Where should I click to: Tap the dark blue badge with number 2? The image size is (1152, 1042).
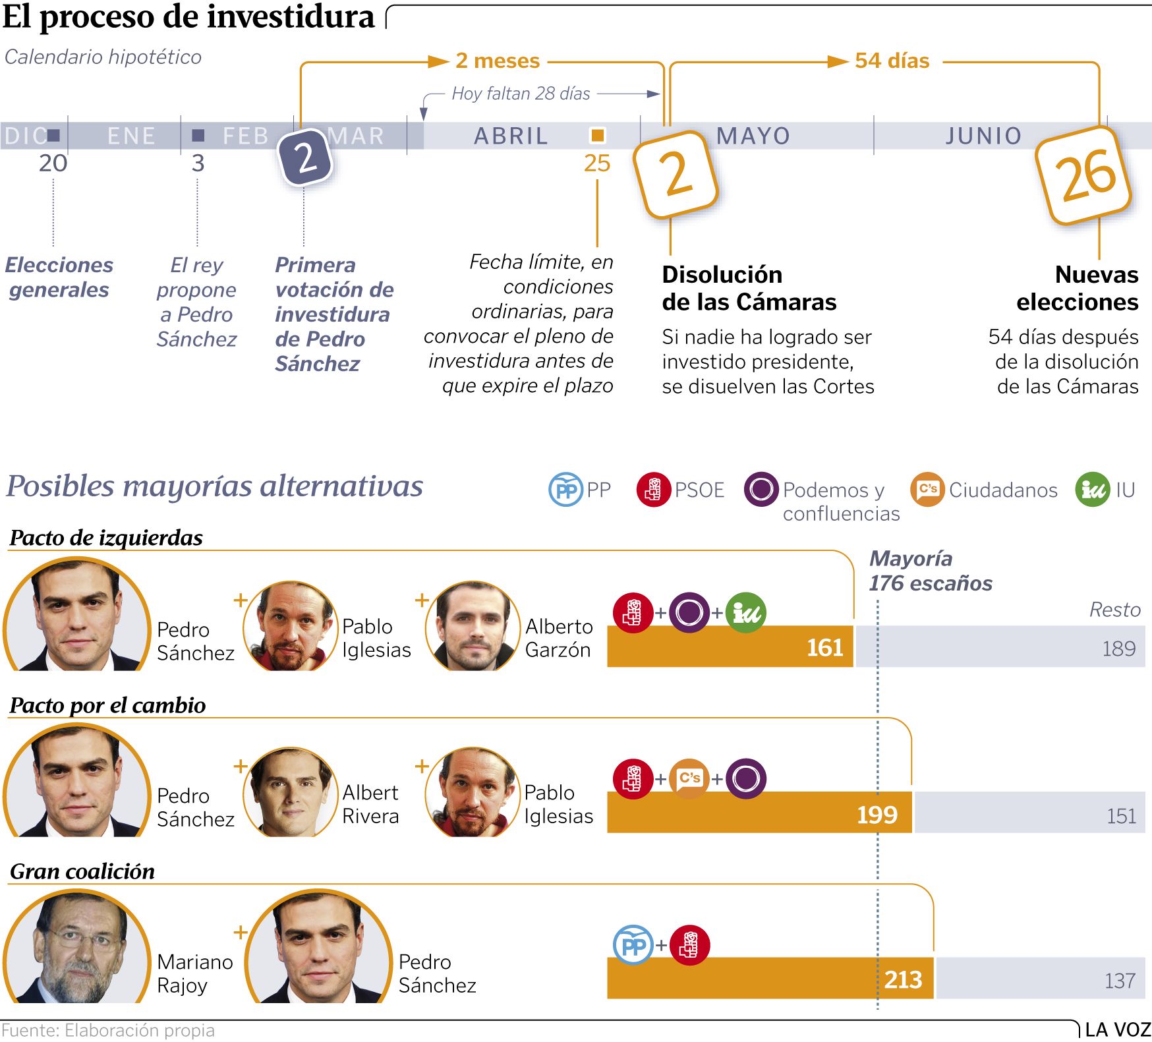pyautogui.click(x=305, y=158)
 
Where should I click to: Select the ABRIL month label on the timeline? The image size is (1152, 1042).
pyautogui.click(x=511, y=136)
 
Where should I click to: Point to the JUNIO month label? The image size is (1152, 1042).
pyautogui.click(x=983, y=136)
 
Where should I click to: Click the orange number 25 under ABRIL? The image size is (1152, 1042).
pyautogui.click(x=597, y=163)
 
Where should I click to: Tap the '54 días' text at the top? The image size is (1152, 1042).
pyautogui.click(x=892, y=61)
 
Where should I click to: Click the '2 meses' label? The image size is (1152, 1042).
pyautogui.click(x=498, y=61)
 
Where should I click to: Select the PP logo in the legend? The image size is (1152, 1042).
pyautogui.click(x=565, y=490)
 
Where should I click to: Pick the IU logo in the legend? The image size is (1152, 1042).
pyautogui.click(x=1092, y=490)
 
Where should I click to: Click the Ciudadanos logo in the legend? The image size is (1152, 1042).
pyautogui.click(x=927, y=490)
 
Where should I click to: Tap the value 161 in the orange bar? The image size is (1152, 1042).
pyautogui.click(x=824, y=647)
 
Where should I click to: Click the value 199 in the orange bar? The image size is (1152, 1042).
pyautogui.click(x=877, y=815)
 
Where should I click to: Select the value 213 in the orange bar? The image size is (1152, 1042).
pyautogui.click(x=903, y=980)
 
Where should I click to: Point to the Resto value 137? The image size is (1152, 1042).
pyautogui.click(x=1120, y=981)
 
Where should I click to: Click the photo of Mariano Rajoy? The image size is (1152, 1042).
pyautogui.click(x=77, y=947)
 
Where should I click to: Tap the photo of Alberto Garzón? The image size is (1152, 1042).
pyautogui.click(x=472, y=627)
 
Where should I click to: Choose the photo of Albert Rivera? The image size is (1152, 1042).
pyautogui.click(x=290, y=792)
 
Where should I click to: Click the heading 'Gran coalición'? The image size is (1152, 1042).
pyautogui.click(x=82, y=871)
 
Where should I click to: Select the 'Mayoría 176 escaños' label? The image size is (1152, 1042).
pyautogui.click(x=930, y=571)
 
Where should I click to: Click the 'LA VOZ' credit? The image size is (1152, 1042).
pyautogui.click(x=1117, y=1029)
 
